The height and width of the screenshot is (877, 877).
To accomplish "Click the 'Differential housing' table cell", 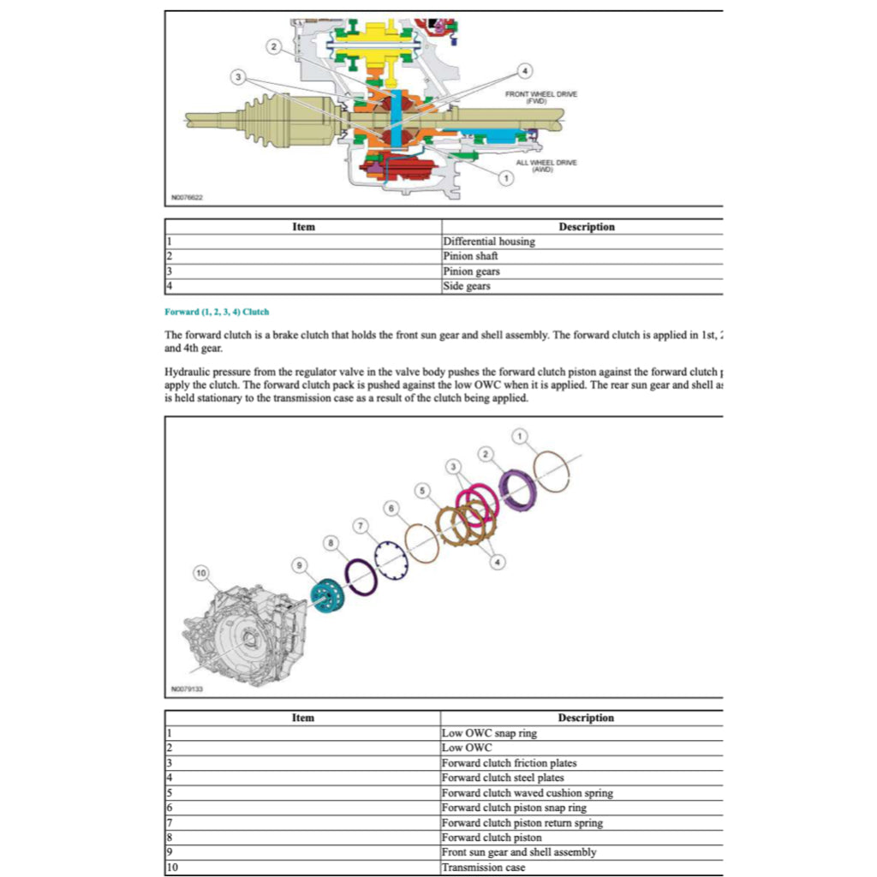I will click(x=489, y=242).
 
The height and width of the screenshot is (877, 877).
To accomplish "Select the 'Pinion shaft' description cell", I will click(x=470, y=256).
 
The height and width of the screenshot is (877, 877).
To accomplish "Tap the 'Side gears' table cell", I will click(x=467, y=286).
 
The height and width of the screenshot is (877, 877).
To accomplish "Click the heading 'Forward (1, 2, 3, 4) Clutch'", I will click(x=217, y=312).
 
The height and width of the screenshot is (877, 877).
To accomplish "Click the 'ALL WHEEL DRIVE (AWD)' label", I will click(x=546, y=165).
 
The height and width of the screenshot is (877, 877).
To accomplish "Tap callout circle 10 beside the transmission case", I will click(x=200, y=571).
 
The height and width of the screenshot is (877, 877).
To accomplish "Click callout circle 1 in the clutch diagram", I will click(x=520, y=437).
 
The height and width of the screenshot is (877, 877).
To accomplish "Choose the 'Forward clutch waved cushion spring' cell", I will click(x=527, y=793).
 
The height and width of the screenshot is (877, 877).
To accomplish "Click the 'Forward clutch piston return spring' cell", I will click(x=522, y=823).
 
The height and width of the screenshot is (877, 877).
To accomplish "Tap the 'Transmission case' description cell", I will click(x=484, y=868).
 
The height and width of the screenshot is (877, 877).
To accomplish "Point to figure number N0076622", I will click(x=187, y=197).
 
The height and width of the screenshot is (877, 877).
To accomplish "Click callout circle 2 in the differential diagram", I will click(x=273, y=46).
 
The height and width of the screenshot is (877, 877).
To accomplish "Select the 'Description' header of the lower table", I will click(x=586, y=718).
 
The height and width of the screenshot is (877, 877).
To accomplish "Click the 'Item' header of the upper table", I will click(x=303, y=227).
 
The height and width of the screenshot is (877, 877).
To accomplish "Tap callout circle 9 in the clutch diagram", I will click(x=299, y=564).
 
